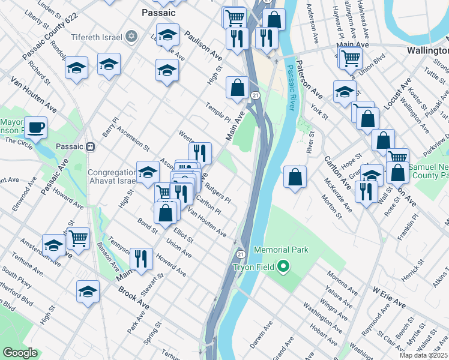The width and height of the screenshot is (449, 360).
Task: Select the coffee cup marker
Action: [36, 128]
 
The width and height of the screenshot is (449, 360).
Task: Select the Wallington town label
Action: [427, 50]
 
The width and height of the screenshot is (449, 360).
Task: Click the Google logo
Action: [20, 353]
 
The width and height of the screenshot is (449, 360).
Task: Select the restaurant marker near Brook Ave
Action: [141, 259]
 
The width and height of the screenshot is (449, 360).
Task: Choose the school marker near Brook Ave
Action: [88, 292]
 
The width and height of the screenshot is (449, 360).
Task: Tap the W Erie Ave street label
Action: [389, 298]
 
